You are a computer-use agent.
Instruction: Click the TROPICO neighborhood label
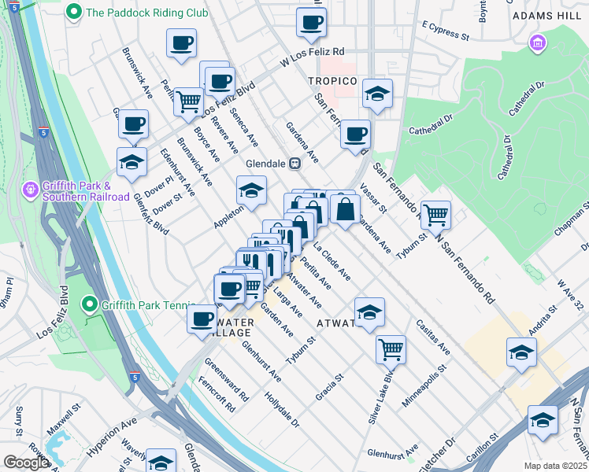coord(332,82)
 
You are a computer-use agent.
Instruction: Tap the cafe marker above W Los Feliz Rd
coord(312,24)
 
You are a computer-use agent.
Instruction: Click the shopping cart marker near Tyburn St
coord(435,214)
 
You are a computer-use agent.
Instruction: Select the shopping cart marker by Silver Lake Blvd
coord(391,348)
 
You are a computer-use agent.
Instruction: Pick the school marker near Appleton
coord(251,191)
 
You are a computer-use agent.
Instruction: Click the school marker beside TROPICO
coord(377,95)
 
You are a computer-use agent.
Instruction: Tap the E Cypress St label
coord(445,31)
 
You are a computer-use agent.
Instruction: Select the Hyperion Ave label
coord(111,439)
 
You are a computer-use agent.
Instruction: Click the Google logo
coord(26,463)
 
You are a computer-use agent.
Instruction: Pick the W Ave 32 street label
coord(572,293)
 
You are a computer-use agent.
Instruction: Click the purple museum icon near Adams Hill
coord(539,42)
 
